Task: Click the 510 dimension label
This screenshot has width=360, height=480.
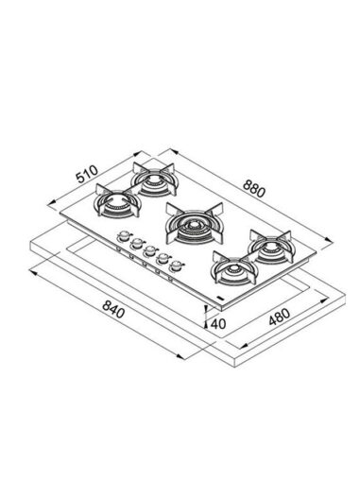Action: coord(88,174)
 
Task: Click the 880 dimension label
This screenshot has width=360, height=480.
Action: coord(254,189)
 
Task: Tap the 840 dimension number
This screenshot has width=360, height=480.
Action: coord(114,310)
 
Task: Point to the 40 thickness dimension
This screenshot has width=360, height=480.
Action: coord(218,323)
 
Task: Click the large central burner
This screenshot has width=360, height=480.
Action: coord(195,224)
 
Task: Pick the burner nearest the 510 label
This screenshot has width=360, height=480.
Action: coord(117,202)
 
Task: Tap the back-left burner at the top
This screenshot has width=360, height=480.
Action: coord(154,180)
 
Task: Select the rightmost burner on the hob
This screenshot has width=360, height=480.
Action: coord(271,247)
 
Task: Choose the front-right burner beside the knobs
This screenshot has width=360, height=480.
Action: coord(234,267)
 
